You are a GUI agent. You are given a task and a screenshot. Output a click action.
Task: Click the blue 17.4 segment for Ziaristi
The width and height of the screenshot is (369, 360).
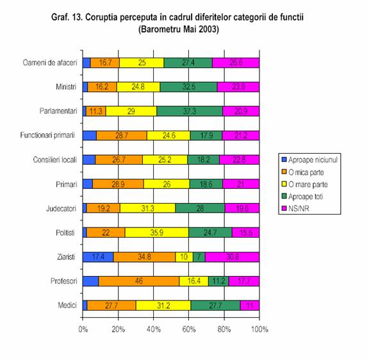98,257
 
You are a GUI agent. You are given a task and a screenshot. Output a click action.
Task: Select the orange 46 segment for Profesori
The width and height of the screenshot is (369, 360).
138,281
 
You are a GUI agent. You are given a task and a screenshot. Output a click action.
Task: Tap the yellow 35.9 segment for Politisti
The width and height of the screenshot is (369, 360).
157,233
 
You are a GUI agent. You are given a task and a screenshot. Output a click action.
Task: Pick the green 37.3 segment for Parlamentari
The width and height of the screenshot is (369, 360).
190,111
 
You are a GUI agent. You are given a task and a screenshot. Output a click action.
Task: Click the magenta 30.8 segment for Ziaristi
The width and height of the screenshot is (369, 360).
232,257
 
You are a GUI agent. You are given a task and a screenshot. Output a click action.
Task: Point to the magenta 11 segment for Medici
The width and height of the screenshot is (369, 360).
250,306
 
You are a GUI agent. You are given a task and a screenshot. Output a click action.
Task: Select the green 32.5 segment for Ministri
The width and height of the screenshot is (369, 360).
188,87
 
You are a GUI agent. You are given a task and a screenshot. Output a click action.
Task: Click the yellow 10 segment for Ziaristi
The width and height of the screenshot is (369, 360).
184,257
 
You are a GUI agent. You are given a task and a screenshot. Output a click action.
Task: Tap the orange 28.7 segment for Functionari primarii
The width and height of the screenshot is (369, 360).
122,135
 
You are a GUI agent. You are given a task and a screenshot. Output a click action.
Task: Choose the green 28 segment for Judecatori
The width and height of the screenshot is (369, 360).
200,208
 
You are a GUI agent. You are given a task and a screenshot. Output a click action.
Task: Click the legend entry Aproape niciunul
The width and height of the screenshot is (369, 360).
310,160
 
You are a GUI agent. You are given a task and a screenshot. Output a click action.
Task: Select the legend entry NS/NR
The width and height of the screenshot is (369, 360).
295,208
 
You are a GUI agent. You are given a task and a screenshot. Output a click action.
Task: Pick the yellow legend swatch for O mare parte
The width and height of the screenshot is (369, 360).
284,184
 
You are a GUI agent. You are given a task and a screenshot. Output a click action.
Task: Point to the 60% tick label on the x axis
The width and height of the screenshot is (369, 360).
189,329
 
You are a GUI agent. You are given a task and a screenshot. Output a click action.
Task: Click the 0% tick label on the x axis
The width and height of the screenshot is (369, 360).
83,329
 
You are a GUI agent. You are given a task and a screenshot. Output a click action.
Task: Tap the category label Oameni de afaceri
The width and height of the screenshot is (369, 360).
50,63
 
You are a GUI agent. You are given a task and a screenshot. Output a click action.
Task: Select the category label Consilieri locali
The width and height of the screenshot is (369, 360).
55,160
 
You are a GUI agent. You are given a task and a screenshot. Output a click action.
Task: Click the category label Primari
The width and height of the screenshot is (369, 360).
67,184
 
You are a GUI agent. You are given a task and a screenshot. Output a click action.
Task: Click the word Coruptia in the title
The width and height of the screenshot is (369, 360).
102,17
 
